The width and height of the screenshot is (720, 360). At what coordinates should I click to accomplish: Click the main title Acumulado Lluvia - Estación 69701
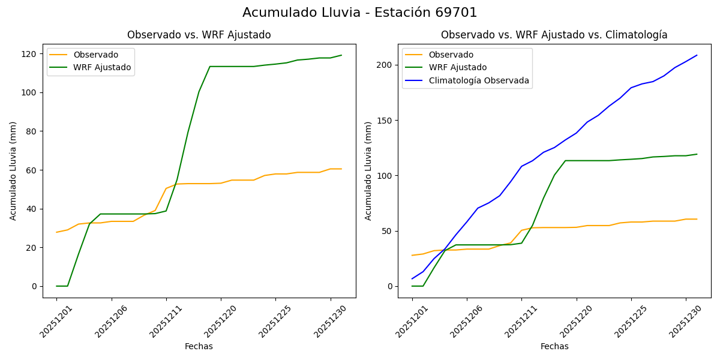point(359,13)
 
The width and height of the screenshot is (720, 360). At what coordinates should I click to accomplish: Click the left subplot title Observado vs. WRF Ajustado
point(199,35)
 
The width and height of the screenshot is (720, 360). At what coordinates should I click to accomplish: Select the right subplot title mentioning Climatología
point(554,35)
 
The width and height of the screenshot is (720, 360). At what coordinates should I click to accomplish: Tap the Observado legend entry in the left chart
point(95,55)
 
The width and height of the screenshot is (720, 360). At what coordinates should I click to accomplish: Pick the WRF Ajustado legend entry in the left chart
point(102,67)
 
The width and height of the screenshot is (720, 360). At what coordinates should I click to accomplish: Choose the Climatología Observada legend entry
point(478,80)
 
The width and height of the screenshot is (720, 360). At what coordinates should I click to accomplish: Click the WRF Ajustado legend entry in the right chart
point(457,68)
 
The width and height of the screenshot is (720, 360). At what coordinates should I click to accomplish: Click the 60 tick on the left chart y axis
point(31,170)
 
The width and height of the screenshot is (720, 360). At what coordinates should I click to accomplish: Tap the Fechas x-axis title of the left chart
point(199,346)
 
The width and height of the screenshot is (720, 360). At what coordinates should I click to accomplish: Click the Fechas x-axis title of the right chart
point(554,346)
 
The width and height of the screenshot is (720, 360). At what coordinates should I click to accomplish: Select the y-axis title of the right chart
point(368,170)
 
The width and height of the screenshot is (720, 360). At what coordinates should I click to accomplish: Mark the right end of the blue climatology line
point(697,55)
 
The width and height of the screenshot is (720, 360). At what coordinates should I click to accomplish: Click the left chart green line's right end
point(341,55)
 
